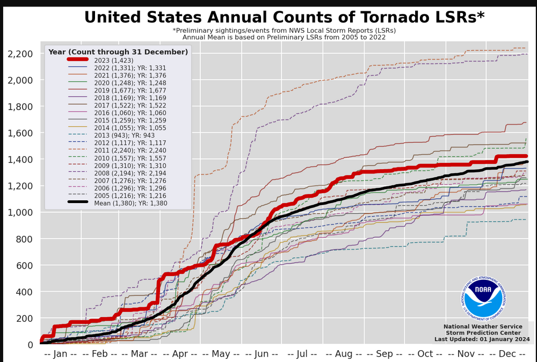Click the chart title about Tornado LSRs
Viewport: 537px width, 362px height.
click(284, 17)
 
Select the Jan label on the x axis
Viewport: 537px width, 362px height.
click(60, 354)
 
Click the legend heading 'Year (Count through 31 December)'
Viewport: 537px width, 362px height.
click(118, 52)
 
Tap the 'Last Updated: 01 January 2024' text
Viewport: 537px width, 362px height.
click(482, 339)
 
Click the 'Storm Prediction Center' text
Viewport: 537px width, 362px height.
click(482, 333)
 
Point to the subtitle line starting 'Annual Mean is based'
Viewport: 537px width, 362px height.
click(284, 37)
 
